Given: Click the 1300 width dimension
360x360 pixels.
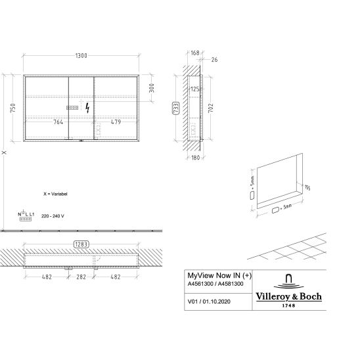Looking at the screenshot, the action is [x=81, y=56].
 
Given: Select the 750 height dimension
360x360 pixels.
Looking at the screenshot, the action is [x=13, y=108].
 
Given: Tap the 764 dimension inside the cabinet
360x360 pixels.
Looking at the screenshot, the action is [x=58, y=122].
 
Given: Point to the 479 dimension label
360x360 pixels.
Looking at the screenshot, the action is [x=116, y=122].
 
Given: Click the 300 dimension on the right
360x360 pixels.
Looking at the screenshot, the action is [x=152, y=88].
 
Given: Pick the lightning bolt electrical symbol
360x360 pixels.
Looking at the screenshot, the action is [x=87, y=108].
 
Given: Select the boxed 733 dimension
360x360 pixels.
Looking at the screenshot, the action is [x=175, y=108].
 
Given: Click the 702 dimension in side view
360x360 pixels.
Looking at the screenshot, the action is [x=210, y=108].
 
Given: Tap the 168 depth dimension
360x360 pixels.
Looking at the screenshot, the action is [x=195, y=53].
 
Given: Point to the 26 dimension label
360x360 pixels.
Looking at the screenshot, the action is [x=214, y=60].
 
